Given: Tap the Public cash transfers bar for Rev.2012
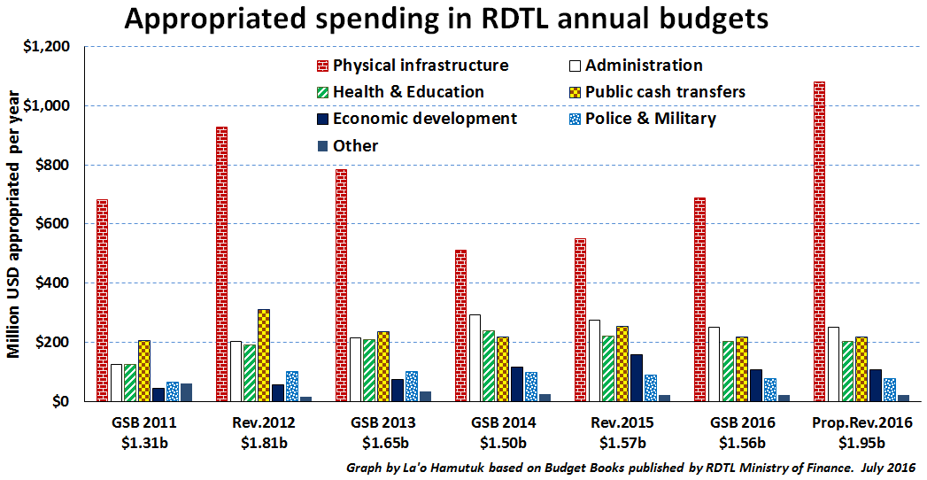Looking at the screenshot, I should [264, 355].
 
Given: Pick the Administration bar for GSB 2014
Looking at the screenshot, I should [475, 358].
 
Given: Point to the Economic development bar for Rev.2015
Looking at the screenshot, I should [636, 377].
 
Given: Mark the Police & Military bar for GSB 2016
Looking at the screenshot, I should [770, 390].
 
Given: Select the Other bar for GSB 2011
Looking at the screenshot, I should [186, 392].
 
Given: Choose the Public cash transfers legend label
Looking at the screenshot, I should [665, 92].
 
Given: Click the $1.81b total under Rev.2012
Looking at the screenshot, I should [263, 442].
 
